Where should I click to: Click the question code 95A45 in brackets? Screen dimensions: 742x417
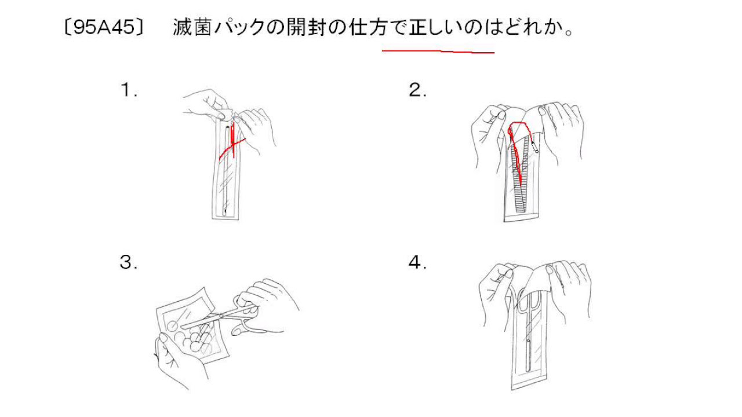click(103, 28)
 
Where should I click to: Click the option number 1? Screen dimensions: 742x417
click(128, 90)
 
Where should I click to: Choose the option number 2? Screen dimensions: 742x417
click(417, 90)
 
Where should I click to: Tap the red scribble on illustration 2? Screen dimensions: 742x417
click(517, 151)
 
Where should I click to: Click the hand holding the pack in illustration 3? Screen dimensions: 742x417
click(174, 359)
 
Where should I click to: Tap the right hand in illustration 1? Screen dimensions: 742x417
click(255, 127)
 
